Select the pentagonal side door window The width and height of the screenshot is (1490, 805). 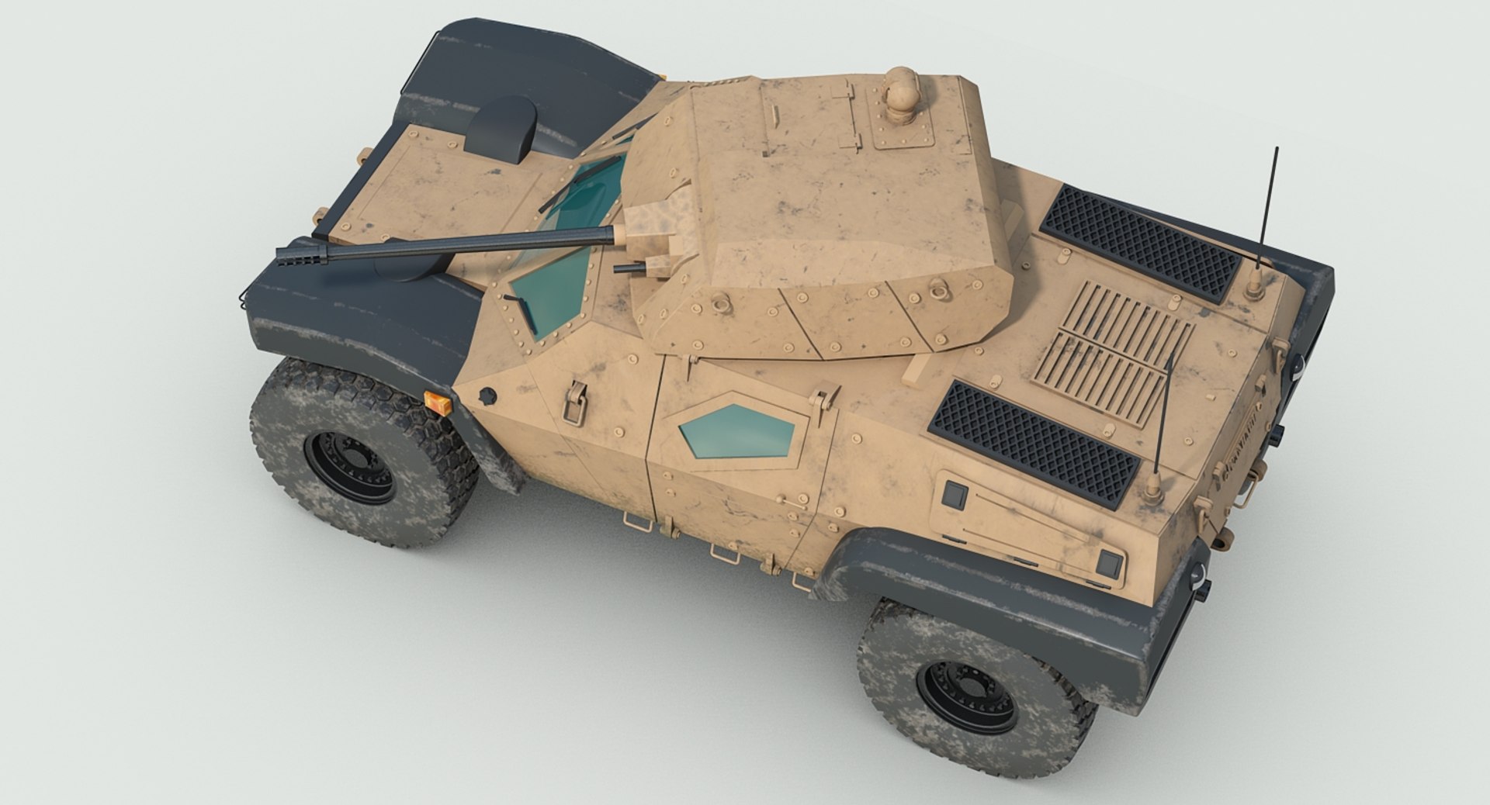pyautogui.click(x=737, y=431)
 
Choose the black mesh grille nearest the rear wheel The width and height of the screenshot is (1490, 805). pyautogui.click(x=1034, y=444)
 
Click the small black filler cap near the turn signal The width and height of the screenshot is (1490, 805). pyautogui.click(x=487, y=396)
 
